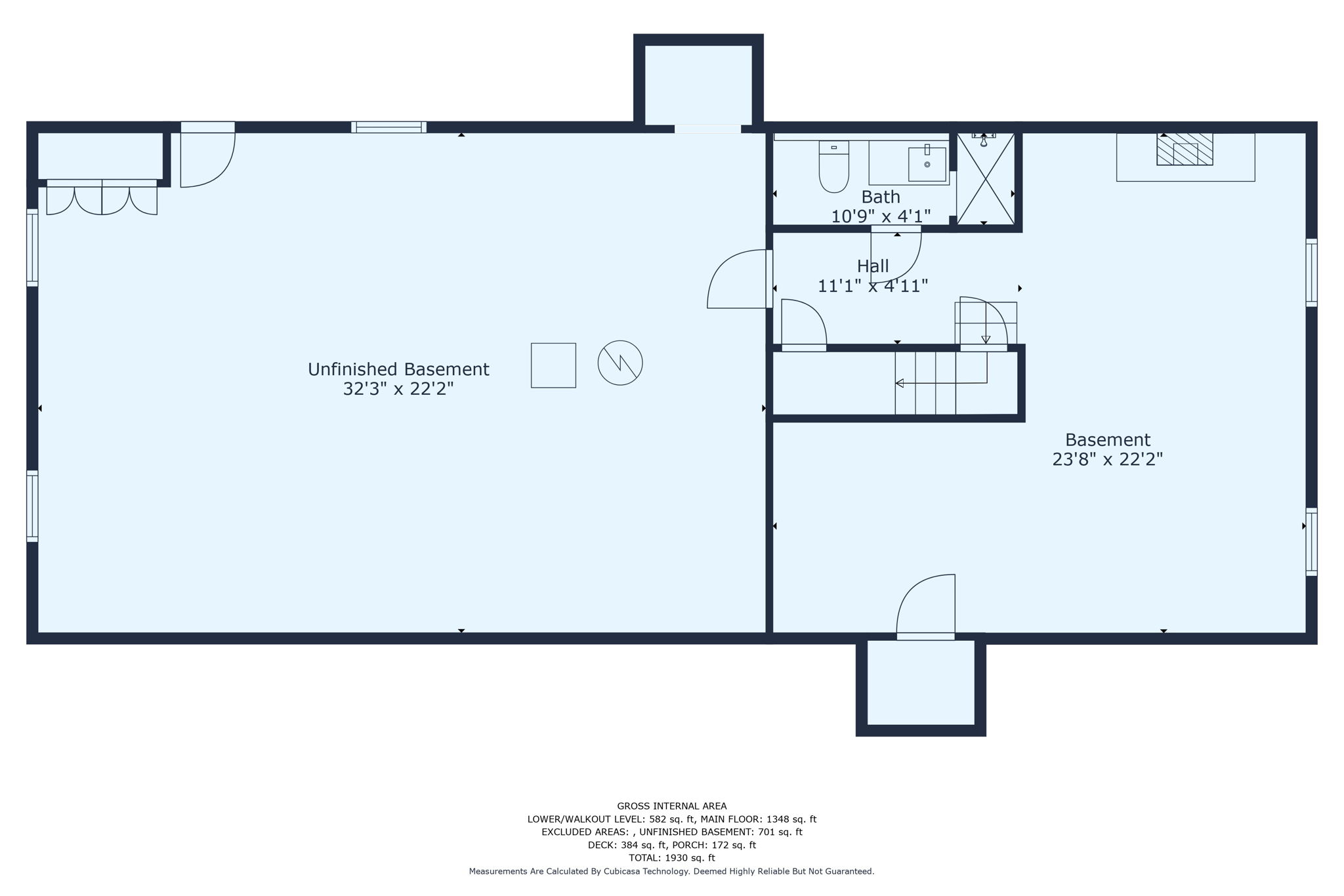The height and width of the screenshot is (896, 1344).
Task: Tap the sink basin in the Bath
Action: point(927,164)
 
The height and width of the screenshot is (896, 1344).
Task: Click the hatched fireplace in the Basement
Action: point(1184,150)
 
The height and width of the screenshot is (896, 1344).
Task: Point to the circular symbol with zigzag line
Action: point(619,363)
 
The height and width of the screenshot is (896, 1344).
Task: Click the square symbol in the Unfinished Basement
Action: point(553,365)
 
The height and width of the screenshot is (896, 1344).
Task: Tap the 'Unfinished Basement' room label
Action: point(398,369)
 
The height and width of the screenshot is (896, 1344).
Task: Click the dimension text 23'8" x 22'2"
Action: point(1107,459)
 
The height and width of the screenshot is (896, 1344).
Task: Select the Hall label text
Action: point(873,266)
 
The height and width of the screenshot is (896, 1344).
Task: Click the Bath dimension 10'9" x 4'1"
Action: point(881,216)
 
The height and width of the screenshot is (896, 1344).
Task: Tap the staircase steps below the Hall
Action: point(925,383)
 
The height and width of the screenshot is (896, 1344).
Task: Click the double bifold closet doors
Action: point(102,198)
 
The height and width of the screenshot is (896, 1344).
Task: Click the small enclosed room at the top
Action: point(698,84)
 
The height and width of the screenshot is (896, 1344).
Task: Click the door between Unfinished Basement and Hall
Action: point(738,281)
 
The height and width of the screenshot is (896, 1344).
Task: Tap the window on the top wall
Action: point(388,127)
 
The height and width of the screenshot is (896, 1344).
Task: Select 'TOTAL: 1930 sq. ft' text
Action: point(671,858)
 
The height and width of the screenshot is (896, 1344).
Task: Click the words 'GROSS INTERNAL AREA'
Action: point(671,806)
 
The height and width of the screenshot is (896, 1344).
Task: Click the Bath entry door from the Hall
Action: point(896,256)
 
